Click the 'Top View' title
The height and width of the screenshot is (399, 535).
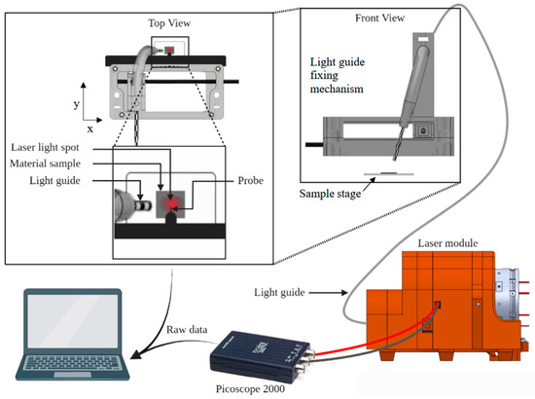(169, 23)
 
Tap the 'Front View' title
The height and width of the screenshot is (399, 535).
(379, 18)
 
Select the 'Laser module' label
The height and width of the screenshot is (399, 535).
(447, 243)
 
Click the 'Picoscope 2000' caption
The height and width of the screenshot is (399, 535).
(250, 388)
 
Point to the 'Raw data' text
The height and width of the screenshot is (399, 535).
(187, 330)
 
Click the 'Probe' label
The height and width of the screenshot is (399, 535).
(250, 180)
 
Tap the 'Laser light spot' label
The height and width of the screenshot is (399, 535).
(45, 148)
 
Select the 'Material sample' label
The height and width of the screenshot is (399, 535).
(45, 163)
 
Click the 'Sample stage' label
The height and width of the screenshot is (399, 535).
(330, 194)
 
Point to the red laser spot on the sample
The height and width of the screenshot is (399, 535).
(171, 203)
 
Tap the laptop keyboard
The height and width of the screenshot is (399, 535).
(73, 364)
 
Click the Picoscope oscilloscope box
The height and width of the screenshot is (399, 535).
(261, 355)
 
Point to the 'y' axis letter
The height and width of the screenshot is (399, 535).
(77, 104)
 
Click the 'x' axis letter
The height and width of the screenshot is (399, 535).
(89, 129)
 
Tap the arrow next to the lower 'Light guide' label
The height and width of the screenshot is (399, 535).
(328, 293)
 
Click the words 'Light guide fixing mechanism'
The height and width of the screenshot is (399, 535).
(338, 76)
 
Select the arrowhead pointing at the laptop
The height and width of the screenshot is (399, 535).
(136, 354)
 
